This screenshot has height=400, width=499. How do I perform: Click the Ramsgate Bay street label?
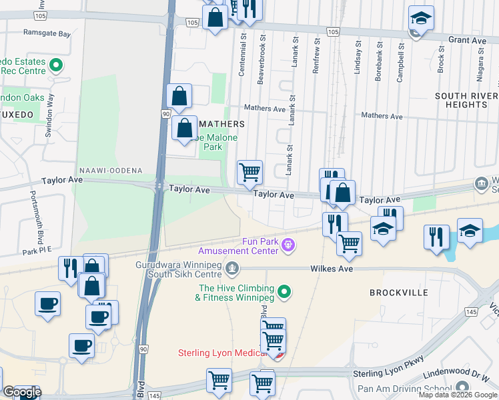47,33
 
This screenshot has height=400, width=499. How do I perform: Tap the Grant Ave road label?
467,40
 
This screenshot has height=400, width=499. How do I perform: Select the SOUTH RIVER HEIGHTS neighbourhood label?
466,100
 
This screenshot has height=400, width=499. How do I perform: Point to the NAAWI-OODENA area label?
110,171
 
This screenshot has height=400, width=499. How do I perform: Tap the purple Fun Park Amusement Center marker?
288,245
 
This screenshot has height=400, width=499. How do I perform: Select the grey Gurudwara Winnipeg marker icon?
232,268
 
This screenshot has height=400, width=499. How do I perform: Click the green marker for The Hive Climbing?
284,291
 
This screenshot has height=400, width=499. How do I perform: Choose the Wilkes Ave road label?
330,269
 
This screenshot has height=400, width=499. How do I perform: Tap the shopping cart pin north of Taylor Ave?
249,172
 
